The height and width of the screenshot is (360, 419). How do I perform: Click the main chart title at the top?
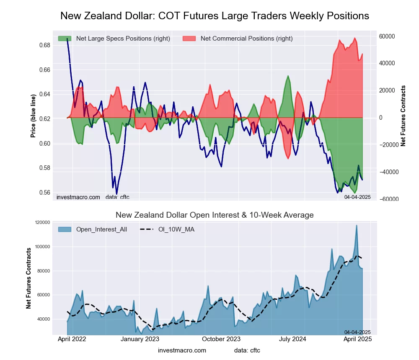[x=215, y=16]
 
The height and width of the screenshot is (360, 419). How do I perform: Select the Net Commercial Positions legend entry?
[x=246, y=39]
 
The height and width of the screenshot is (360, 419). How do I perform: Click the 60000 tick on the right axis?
[x=387, y=36]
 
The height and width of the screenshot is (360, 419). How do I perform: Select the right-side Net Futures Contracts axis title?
[x=403, y=116]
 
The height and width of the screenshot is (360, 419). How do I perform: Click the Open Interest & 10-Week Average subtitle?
[x=215, y=215]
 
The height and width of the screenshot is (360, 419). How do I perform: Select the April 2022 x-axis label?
[x=72, y=339]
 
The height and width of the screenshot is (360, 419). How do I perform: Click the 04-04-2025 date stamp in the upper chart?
[x=357, y=197]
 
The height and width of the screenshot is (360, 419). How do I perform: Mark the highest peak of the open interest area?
[x=357, y=225]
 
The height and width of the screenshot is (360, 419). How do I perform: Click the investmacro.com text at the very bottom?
[x=182, y=350]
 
